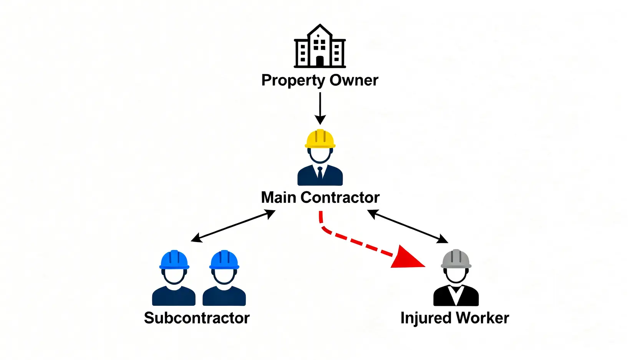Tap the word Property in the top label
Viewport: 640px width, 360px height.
click(293, 81)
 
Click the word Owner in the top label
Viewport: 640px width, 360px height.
click(354, 80)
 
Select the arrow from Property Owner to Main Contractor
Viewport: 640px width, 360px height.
click(320, 108)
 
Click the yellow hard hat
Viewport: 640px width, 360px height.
click(320, 139)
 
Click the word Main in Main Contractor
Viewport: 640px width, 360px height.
click(279, 197)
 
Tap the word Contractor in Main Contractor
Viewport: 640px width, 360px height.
click(340, 197)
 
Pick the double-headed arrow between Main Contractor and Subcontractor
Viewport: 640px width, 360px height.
click(233, 226)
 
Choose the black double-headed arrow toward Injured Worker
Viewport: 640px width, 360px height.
click(408, 226)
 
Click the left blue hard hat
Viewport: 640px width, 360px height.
click(174, 260)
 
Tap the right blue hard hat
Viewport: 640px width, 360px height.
click(224, 260)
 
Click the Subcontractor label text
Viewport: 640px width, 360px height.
click(197, 318)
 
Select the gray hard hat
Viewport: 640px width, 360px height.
click(456, 259)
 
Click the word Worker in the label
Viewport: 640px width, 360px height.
click(482, 318)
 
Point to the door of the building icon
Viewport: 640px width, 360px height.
click(320, 61)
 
